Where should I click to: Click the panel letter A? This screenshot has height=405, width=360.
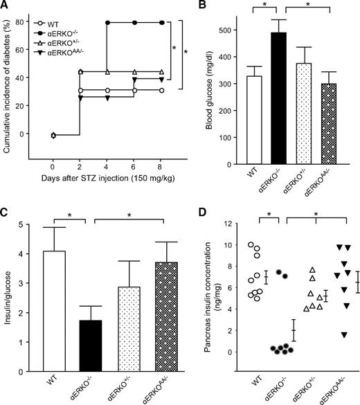[6, 7]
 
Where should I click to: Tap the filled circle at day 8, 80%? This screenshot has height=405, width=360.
[163, 23]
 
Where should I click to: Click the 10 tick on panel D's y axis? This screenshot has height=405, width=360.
[226, 245]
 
